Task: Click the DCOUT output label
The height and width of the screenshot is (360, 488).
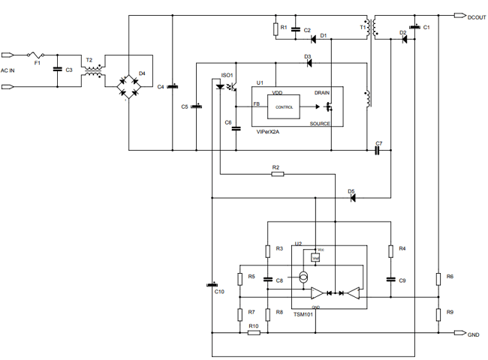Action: pyautogui.click(x=477, y=16)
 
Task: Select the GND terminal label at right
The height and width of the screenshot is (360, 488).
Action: pyautogui.click(x=473, y=334)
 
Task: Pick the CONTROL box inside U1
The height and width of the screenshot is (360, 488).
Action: pyautogui.click(x=285, y=107)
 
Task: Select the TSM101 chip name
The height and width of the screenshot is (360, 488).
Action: pyautogui.click(x=304, y=315)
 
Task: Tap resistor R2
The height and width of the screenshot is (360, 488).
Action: pyautogui.click(x=277, y=174)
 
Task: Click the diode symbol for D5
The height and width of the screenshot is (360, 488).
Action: pyautogui.click(x=351, y=198)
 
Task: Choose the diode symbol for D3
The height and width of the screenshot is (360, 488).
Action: pyautogui.click(x=307, y=63)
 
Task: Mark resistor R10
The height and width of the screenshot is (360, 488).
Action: pyautogui.click(x=254, y=332)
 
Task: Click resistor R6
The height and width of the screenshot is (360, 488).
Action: pyautogui.click(x=438, y=279)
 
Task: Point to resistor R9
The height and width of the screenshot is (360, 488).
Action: pyautogui.click(x=438, y=313)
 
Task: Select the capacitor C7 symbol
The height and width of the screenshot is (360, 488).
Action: pyautogui.click(x=378, y=150)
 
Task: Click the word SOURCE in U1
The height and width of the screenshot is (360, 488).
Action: pyautogui.click(x=320, y=123)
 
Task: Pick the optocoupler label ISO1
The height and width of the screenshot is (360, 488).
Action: pyautogui.click(x=227, y=75)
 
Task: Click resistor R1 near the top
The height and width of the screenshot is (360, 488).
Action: pyautogui.click(x=276, y=29)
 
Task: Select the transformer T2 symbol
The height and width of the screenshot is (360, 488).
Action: pyautogui.click(x=94, y=72)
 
